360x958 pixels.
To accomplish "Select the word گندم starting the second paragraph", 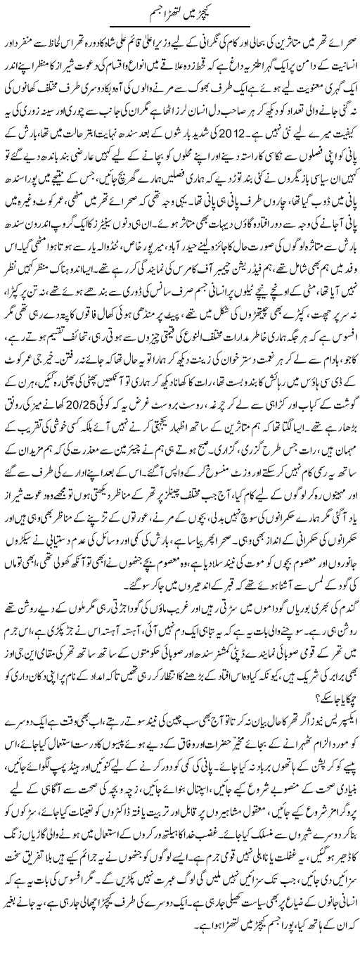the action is pos(345,614).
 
